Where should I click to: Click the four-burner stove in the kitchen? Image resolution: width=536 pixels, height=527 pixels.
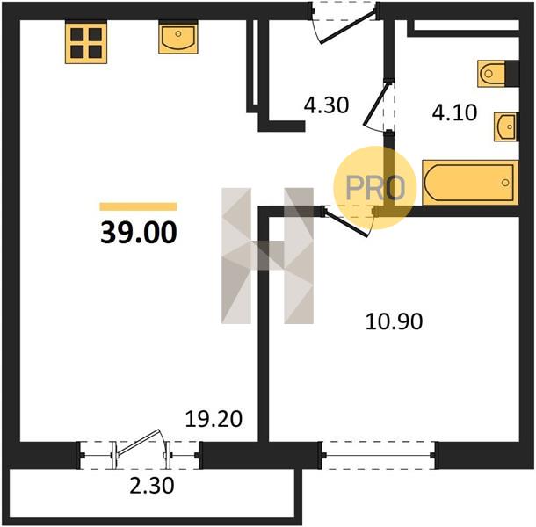coord(86,43)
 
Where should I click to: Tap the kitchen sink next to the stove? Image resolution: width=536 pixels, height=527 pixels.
coord(178,37)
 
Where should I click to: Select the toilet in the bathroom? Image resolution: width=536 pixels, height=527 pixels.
coord(491,74)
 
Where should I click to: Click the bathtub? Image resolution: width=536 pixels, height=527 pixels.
coord(470,183)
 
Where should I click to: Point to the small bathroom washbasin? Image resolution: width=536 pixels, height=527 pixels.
coord(506,126)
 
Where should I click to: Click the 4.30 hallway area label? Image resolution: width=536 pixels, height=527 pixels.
coord(327,105)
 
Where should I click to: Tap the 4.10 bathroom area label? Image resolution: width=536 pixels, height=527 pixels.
coord(454,112)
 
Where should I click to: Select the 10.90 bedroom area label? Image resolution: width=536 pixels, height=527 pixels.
coord(395,321)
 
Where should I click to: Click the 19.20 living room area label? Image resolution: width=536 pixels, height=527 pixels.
coord(214,419)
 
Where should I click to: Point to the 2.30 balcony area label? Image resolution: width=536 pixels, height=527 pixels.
coord(152,486)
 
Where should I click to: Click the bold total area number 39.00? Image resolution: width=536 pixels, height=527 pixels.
coord(139,233)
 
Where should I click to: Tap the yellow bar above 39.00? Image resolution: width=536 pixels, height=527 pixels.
coord(138,206)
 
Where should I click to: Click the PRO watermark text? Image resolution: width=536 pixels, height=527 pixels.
coord(375,188)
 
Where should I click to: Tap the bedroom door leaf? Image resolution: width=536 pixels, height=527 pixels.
coord(346,223)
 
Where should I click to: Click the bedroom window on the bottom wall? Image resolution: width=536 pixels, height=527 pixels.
coord(379,455)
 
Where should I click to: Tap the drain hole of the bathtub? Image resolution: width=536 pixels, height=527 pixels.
coord(505,183)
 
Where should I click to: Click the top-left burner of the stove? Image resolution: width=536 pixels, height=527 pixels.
coord(77,34)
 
